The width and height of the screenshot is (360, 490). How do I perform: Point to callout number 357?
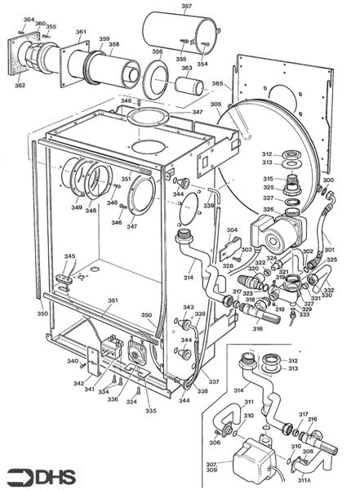coord(186,7)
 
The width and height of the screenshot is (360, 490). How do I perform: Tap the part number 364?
coord(29,20)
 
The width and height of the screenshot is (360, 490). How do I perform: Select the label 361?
coord(81,33)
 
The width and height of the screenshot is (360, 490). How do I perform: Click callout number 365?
coord(217,84)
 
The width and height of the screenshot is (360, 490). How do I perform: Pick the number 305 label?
coord(216,105)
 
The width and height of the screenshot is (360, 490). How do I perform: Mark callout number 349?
coord(77,208)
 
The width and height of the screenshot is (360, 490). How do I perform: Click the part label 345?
coord(70,257)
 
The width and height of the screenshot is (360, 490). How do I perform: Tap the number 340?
coord(73,362)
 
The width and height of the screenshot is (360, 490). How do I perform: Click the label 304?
coord(232,230)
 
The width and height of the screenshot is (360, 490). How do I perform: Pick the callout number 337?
coord(214,381)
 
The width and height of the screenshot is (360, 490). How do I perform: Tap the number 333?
coord(304,314)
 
